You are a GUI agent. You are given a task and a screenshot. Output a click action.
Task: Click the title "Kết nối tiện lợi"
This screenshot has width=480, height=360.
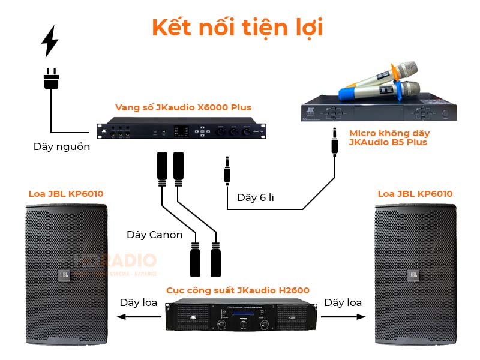[x=237, y=28]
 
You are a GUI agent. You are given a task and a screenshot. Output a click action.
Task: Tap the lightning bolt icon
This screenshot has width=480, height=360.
[x=50, y=41]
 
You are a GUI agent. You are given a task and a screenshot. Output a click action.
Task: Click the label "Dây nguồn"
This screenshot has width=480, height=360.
[x=61, y=146]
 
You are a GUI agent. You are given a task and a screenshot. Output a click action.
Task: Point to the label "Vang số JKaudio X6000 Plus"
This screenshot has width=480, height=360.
[x=183, y=107]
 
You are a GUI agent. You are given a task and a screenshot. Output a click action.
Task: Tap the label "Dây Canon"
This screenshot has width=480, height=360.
[x=154, y=235]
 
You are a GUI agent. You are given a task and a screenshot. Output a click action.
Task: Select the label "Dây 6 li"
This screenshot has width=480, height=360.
[x=255, y=197]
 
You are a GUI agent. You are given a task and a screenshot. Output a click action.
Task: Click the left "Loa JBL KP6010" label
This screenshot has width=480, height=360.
[x=66, y=194]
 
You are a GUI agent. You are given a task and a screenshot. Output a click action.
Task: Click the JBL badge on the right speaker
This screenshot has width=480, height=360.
[x=413, y=275]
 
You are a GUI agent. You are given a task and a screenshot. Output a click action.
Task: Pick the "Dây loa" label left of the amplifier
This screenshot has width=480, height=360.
[x=139, y=302]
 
